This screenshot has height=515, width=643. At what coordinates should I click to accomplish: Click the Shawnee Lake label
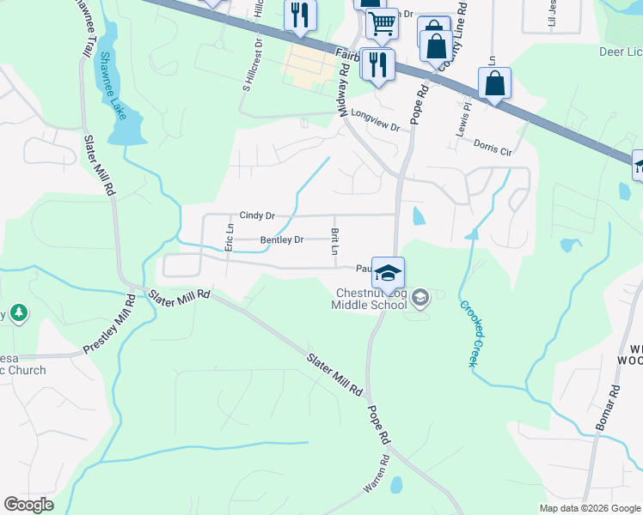(x=112, y=85)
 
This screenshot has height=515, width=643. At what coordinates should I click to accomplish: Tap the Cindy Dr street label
(x=257, y=215)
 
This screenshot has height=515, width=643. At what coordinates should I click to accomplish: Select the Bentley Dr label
(x=282, y=239)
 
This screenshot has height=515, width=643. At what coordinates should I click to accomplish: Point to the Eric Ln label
(x=230, y=237)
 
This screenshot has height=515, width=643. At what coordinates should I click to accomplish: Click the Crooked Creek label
(x=467, y=333)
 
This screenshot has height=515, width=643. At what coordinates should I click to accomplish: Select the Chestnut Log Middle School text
(x=371, y=298)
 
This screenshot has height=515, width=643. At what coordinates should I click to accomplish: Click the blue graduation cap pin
(x=388, y=273)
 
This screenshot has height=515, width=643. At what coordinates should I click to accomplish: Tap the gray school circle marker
(x=420, y=298)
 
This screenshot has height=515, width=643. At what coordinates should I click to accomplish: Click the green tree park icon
(x=17, y=314)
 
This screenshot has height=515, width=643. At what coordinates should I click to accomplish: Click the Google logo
(x=28, y=505)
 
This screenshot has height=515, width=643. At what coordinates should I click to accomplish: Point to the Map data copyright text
(x=589, y=508)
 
